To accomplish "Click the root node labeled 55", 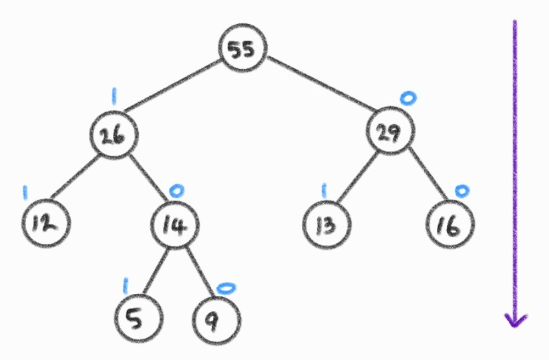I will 244,50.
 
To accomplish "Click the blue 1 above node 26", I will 114,98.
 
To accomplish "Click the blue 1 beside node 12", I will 25,192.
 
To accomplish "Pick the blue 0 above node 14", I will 176,191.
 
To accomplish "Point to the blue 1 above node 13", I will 325,191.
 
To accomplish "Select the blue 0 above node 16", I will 462,191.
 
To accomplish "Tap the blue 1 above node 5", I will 125,285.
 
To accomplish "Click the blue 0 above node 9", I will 226,287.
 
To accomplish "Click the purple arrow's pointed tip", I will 515,325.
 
